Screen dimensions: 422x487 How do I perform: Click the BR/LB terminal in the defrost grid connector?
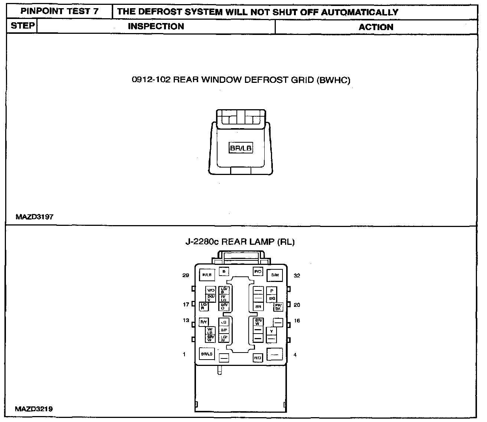coord(241,148)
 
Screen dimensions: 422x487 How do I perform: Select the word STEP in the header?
coord(23,26)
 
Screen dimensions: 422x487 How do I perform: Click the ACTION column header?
coord(376,27)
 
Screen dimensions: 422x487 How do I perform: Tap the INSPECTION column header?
coord(156,26)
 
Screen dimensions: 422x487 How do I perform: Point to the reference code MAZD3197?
coord(35,217)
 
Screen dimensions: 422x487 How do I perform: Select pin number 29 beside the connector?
coord(186,275)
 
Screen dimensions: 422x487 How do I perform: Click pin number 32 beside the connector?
coord(297,276)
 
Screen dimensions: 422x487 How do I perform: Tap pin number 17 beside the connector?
coord(186,305)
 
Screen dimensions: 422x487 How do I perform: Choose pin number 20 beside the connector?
coord(297,305)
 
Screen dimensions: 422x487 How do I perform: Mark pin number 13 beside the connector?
coord(186,320)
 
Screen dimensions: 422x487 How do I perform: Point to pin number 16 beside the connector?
coord(297,321)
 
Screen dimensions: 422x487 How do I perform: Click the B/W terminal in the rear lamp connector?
coord(275,275)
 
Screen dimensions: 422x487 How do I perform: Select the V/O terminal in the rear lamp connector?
coord(211,290)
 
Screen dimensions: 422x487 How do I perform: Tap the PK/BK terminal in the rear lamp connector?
coord(278,307)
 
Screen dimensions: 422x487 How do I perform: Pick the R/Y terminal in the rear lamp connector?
coord(204,322)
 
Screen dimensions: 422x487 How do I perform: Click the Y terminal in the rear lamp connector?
coord(272,331)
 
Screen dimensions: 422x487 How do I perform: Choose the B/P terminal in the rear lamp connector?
coord(224,330)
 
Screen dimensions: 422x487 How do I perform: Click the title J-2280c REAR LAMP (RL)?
coord(240,242)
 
